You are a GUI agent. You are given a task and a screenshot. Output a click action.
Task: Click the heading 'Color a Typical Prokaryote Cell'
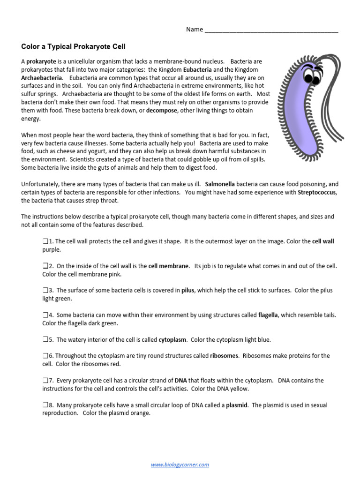click(74, 46)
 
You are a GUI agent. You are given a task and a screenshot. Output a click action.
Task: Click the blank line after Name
click(271, 30)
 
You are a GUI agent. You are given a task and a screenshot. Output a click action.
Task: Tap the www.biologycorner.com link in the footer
click(180, 465)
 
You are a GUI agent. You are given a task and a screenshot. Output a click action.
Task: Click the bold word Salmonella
click(222, 184)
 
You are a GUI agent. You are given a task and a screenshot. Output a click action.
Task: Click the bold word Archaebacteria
click(41, 78)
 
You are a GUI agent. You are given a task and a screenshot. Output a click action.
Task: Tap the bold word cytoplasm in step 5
click(172, 340)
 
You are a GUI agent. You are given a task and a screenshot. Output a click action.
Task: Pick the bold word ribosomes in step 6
click(224, 356)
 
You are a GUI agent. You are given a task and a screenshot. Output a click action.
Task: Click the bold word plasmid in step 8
click(237, 405)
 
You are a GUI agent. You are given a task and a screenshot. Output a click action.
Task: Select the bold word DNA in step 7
click(180, 381)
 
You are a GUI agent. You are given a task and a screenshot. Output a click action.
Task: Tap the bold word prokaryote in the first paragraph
click(41, 61)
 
